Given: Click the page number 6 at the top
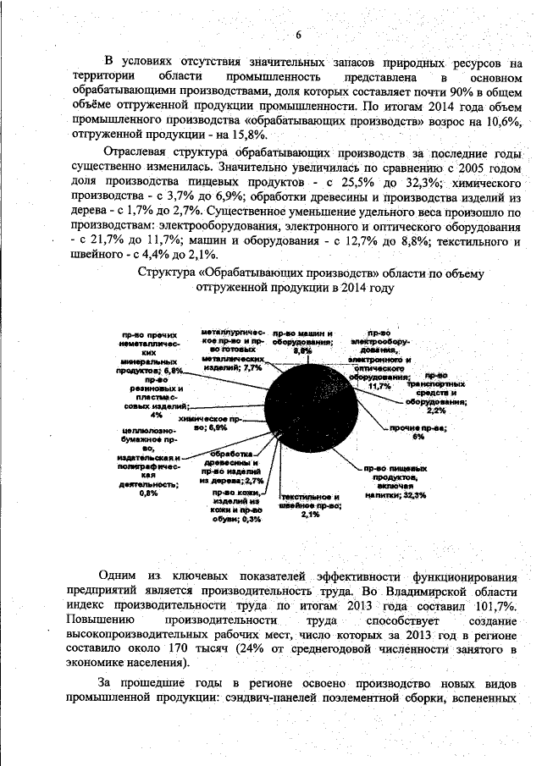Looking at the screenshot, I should pyautogui.click(x=298, y=34).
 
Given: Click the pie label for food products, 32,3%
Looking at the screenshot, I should pyautogui.click(x=395, y=482).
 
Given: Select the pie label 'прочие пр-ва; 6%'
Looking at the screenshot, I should pyautogui.click(x=418, y=433).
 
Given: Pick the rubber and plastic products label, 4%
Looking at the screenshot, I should pyautogui.click(x=156, y=398).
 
